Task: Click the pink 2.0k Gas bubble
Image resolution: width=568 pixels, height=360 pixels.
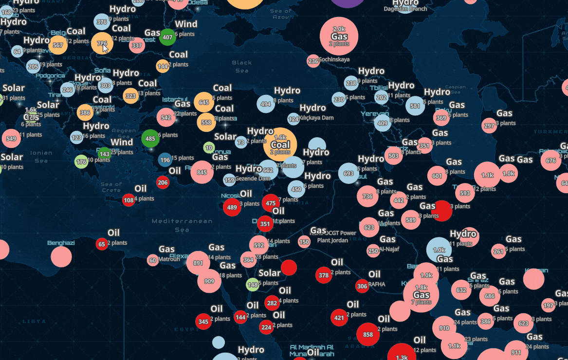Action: [x=339, y=36]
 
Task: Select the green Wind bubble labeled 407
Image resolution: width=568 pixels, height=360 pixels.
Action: [x=167, y=37]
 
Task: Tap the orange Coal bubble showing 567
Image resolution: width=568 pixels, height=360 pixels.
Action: [x=58, y=45]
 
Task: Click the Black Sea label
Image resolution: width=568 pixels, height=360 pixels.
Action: [x=242, y=66]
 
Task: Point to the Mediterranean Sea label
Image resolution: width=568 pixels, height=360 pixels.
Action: [x=182, y=225]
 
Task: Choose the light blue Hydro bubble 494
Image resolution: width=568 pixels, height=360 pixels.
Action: [x=265, y=104]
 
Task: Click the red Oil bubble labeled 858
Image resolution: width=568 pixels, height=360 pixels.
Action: [x=368, y=335]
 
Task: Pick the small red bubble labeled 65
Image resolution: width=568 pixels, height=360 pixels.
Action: [x=101, y=244]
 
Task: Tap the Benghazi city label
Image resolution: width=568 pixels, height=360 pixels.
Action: [x=61, y=243]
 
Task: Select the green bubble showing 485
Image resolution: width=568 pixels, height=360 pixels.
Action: [x=150, y=139]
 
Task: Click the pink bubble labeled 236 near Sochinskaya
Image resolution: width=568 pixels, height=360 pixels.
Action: [x=313, y=61]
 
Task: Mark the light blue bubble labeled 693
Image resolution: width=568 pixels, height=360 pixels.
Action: [x=348, y=173]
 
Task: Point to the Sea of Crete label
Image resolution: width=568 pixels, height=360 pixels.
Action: [x=111, y=187]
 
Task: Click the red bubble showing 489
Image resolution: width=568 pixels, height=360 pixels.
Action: [x=232, y=207]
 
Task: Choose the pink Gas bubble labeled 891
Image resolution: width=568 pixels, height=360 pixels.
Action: [x=198, y=263]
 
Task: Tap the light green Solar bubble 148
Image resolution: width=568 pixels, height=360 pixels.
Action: [x=253, y=285]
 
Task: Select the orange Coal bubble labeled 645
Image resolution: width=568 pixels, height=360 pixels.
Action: [x=204, y=102]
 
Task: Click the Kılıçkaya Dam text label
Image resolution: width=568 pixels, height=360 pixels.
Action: [x=317, y=118]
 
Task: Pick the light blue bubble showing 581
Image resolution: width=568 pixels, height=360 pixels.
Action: [x=415, y=106]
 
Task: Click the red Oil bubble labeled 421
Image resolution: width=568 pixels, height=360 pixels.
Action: [x=339, y=318]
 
